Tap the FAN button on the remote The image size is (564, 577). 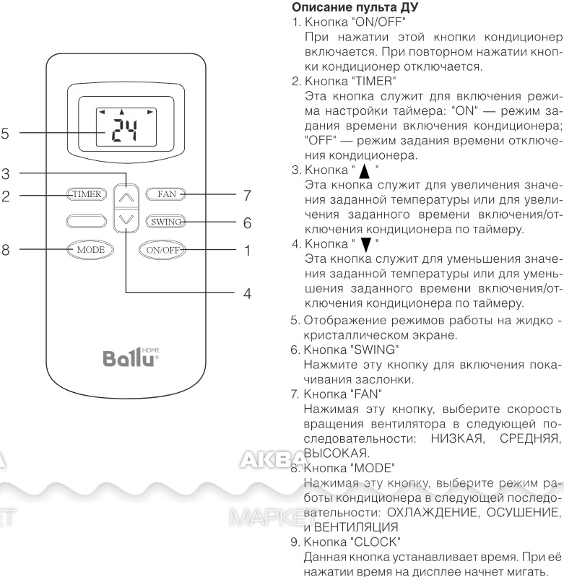(165, 194)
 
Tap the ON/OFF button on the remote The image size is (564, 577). (165, 250)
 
